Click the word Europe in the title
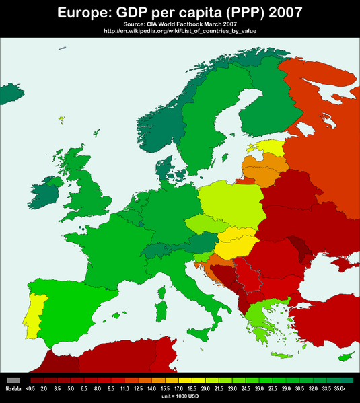pyautogui.click(x=85, y=12)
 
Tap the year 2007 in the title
pyautogui.click(x=279, y=12)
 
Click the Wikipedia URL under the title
pyautogui.click(x=180, y=30)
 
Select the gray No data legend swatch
pyautogui.click(x=13, y=380)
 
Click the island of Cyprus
pyautogui.click(x=346, y=355)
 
